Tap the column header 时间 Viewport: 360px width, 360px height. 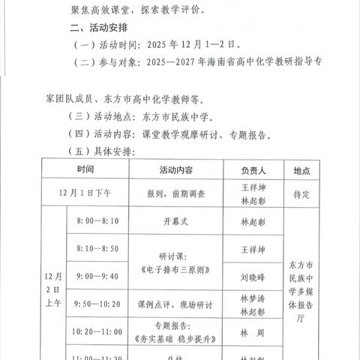click(85, 170)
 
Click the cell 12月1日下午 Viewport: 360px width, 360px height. click(85, 193)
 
